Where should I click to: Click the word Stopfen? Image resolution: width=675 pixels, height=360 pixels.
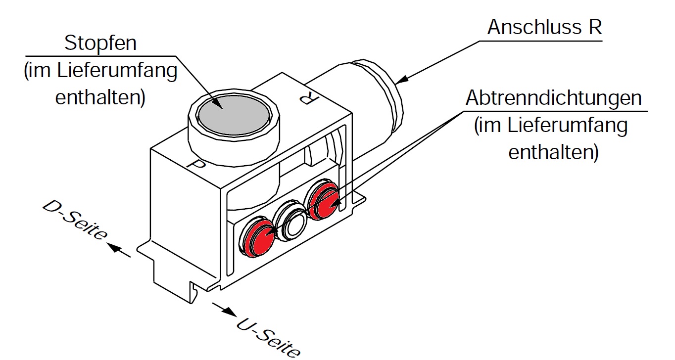point(100,44)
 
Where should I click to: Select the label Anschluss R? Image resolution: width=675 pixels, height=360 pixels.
point(544,28)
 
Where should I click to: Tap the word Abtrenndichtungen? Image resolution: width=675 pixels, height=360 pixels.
point(553,98)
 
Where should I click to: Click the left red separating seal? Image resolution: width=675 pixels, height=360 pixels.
point(258,236)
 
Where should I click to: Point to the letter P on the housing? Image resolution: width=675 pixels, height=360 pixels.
point(197,165)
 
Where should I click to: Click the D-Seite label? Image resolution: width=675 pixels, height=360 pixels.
point(75,221)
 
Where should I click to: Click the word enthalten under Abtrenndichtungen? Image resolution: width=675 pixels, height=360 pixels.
point(553,152)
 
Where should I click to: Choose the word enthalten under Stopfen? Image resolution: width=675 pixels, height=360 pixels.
point(100,97)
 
